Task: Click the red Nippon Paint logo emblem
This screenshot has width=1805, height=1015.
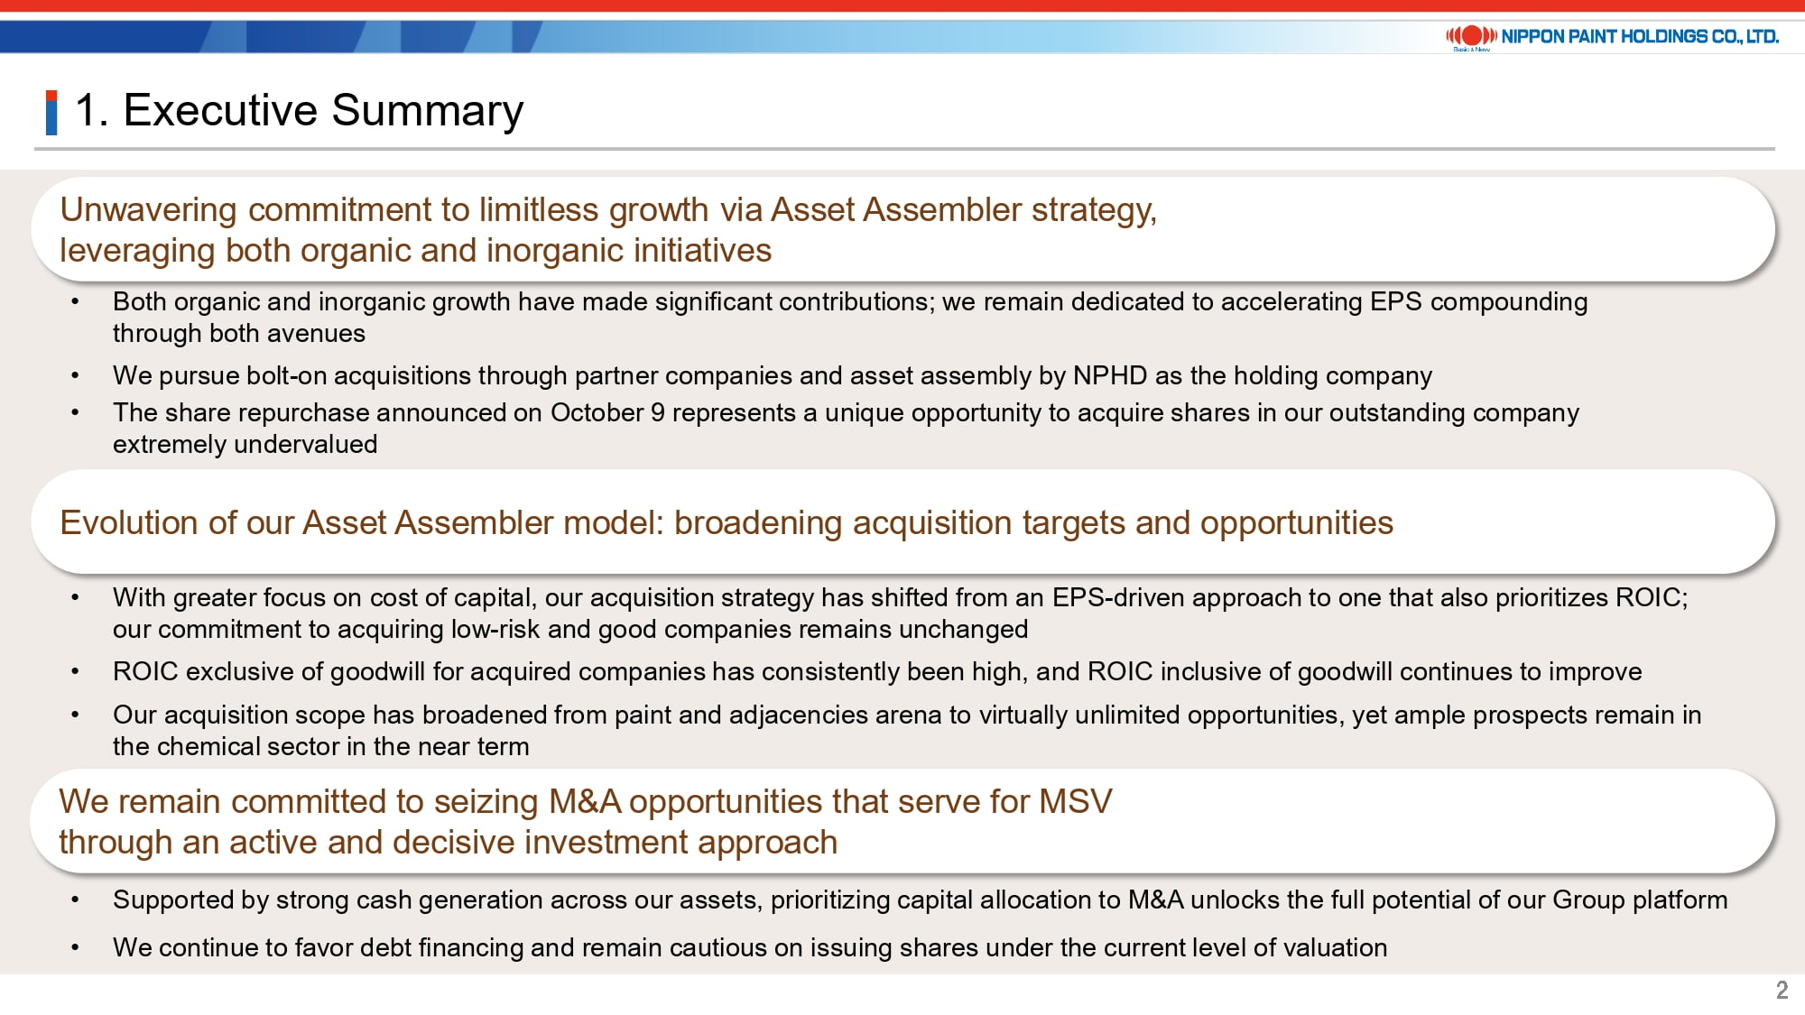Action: pyautogui.click(x=1472, y=36)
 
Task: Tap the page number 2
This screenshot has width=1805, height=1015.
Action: pyautogui.click(x=1782, y=990)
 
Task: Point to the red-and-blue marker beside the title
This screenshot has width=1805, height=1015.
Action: pyautogui.click(x=51, y=113)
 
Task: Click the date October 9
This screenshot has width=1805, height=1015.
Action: pyautogui.click(x=607, y=412)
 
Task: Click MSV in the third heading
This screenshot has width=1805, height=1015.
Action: pyautogui.click(x=1076, y=801)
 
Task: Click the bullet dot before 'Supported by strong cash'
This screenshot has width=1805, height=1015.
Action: pyautogui.click(x=75, y=900)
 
